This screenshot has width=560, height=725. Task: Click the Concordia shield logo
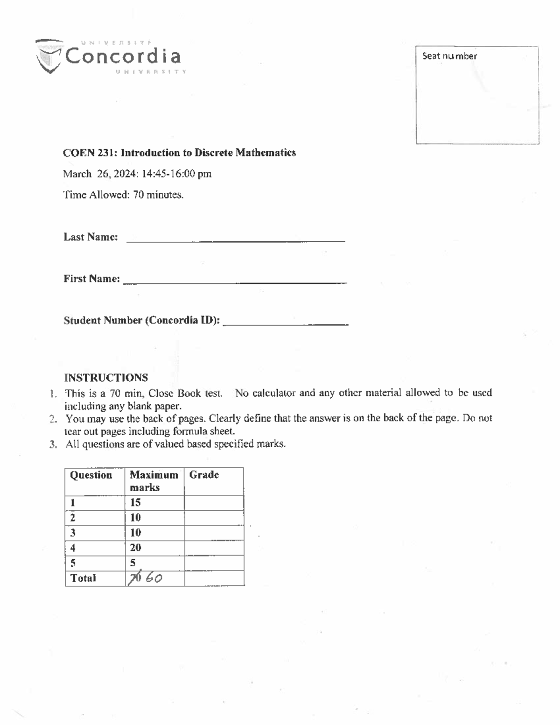tap(49, 56)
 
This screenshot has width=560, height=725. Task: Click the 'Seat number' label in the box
tap(449, 56)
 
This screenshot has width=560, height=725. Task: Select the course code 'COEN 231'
tap(90, 153)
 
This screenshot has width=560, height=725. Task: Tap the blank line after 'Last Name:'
tap(235, 239)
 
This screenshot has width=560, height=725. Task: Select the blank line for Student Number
tap(285, 322)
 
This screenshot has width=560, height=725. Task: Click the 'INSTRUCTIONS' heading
tap(106, 377)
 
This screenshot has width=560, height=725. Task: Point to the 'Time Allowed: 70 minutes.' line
tap(123, 195)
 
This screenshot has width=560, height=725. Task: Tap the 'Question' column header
tap(91, 475)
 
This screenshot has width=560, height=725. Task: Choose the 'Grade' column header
tap(204, 475)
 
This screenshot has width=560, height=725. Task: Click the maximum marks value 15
tap(135, 502)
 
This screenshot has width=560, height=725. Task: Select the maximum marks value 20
tap(135, 548)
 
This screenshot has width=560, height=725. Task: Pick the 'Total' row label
tap(83, 578)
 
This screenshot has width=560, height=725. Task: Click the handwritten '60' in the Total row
tap(154, 578)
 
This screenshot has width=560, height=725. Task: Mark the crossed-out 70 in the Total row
tap(135, 578)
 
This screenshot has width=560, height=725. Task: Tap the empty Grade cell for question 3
tap(214, 533)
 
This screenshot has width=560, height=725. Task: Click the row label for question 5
tap(73, 563)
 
